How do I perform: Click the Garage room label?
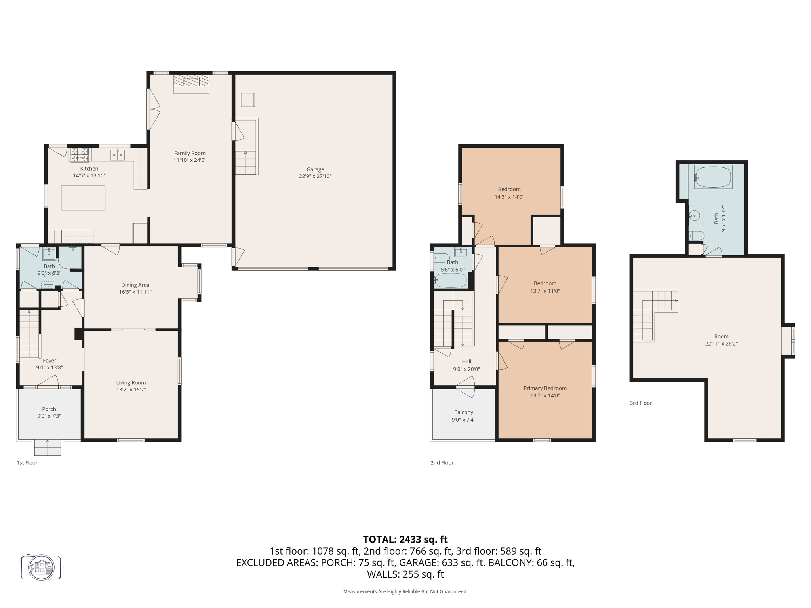click(x=315, y=169)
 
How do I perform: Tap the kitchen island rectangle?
click(x=83, y=198)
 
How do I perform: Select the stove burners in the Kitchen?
click(x=80, y=155)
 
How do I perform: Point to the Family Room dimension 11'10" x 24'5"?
click(x=190, y=160)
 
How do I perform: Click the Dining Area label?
click(x=135, y=285)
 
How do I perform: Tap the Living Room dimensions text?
click(x=131, y=390)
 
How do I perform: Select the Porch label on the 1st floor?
click(x=49, y=409)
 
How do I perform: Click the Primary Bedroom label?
click(x=545, y=388)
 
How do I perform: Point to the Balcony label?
click(x=464, y=412)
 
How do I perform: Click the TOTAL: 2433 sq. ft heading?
click(x=405, y=540)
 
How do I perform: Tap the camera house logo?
click(x=41, y=567)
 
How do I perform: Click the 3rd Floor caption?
click(x=641, y=403)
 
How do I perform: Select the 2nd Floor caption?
click(x=442, y=463)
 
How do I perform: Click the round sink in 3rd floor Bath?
click(x=694, y=216)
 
